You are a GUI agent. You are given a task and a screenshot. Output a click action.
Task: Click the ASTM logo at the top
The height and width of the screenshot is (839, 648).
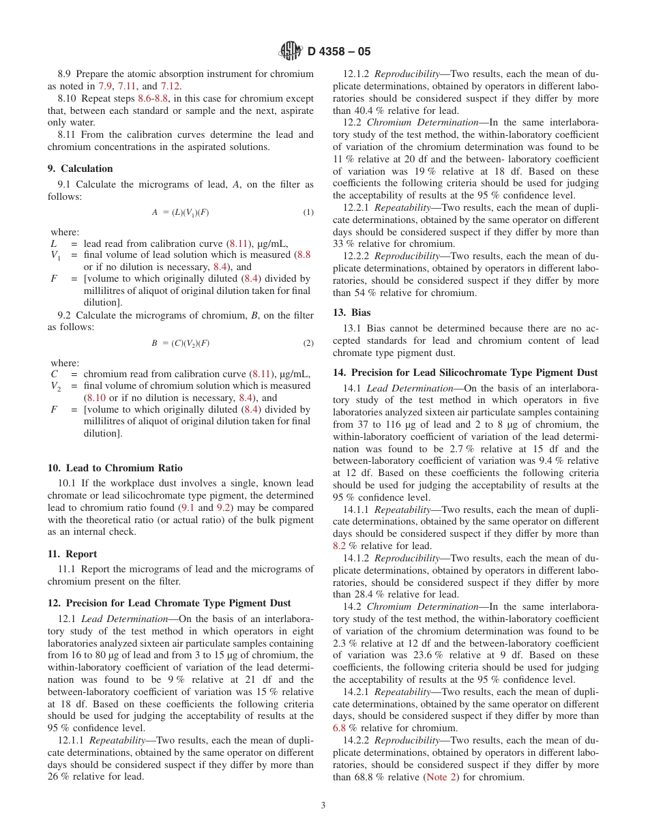click(x=291, y=51)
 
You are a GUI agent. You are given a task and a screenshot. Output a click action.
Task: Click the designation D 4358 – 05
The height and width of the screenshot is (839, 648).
click(x=339, y=52)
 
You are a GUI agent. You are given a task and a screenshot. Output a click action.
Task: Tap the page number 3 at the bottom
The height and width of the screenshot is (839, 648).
click(x=323, y=805)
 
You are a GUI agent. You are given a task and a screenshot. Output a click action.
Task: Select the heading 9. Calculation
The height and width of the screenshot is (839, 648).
click(x=80, y=168)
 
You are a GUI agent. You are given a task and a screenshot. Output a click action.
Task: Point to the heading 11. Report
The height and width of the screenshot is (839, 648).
click(x=72, y=554)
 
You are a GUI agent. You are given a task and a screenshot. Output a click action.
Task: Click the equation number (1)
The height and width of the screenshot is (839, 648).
click(x=308, y=212)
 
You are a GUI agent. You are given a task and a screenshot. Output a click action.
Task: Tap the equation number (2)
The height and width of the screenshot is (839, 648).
click(x=308, y=343)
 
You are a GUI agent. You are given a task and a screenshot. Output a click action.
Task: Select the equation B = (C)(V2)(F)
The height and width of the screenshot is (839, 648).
click(x=180, y=343)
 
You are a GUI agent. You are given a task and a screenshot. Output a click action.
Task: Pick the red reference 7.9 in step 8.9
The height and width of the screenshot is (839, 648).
click(x=106, y=86)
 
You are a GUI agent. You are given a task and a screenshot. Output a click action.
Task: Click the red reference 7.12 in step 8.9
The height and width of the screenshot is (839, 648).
click(x=170, y=86)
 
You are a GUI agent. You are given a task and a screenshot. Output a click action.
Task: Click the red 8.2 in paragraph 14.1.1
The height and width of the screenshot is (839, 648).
click(x=339, y=546)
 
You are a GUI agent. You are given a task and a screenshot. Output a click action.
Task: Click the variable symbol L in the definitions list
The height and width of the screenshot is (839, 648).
click(x=54, y=244)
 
